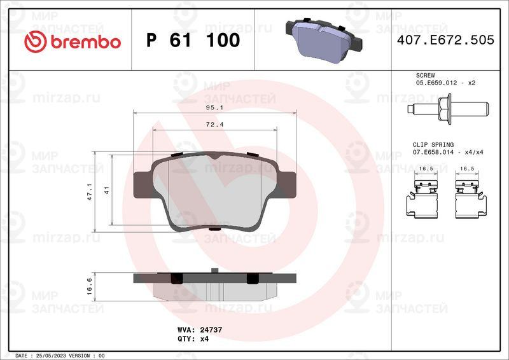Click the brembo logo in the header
pos(72,41)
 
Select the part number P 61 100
pos(193,41)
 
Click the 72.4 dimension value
pos(214,125)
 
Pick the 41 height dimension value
pos(107,190)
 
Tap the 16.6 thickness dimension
pos(90,284)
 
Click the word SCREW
pos(426,75)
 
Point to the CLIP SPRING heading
pos(433,145)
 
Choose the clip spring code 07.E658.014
pos(438,153)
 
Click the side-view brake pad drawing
pos(216,287)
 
